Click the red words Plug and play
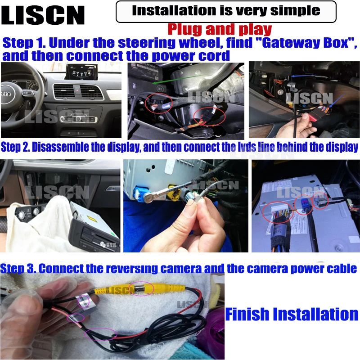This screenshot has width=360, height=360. coord(220,30)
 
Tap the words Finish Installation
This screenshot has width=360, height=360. coord(292,314)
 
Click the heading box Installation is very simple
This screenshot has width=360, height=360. coord(226,11)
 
